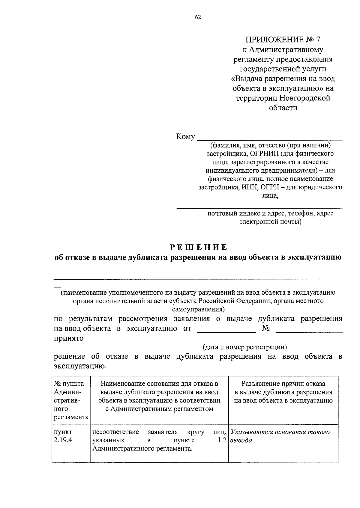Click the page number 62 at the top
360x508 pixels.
click(x=198, y=17)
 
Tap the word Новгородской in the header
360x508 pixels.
click(x=305, y=98)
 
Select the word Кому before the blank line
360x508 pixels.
click(x=185, y=137)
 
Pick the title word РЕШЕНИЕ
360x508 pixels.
click(x=199, y=247)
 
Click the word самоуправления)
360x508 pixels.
click(x=198, y=309)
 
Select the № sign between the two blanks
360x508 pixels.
click(x=266, y=329)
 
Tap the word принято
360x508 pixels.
click(x=69, y=339)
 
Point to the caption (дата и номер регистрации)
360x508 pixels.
click(x=245, y=347)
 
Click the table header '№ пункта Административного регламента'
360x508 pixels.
click(x=71, y=400)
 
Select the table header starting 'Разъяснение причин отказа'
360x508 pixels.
click(x=283, y=392)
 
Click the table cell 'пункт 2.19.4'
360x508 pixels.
click(x=63, y=436)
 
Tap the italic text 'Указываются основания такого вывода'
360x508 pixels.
click(x=280, y=436)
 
